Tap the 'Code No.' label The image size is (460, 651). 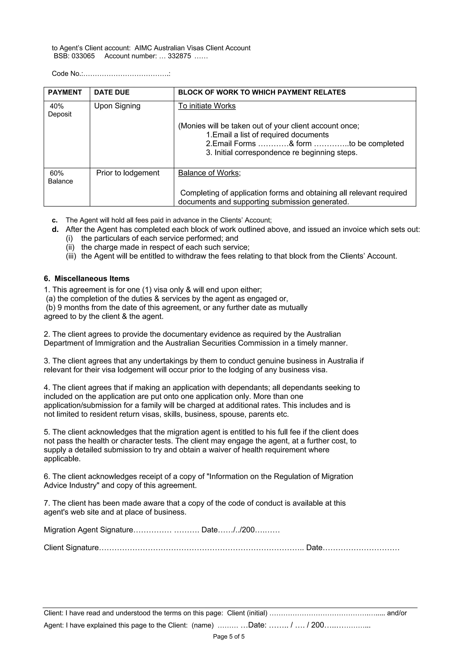[x=67, y=74]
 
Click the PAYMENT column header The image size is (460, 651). [x=65, y=92]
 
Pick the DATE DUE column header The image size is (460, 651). [x=112, y=92]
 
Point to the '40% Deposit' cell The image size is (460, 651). [x=60, y=110]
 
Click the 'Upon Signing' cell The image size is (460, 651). [x=117, y=106]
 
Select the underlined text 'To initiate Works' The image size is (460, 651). [x=207, y=106]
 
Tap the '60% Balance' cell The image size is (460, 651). [x=60, y=177]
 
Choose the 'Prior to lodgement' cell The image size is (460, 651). [x=128, y=173]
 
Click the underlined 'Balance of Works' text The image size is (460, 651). [x=208, y=173]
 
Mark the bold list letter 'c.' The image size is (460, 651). [x=55, y=220]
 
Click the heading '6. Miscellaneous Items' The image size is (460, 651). [x=86, y=279]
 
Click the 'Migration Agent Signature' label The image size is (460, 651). [x=88, y=530]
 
